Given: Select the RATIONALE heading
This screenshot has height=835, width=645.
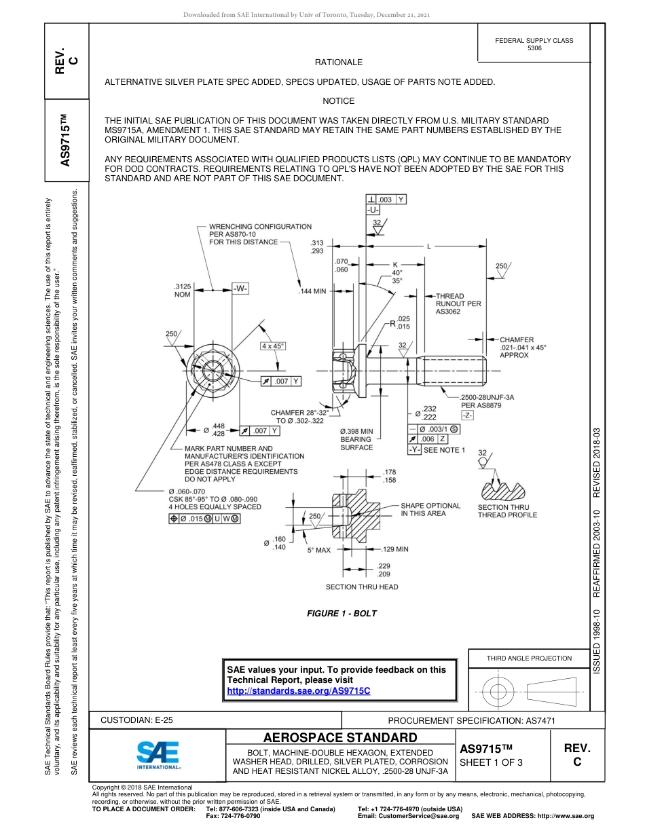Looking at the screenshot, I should (339, 62).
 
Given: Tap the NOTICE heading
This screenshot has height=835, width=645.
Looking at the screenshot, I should (339, 101).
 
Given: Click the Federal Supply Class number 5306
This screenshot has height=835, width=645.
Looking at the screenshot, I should (534, 48).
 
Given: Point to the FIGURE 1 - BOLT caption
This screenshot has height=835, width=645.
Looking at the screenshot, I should (342, 614).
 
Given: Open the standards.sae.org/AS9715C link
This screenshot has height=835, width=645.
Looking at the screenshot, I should (298, 690).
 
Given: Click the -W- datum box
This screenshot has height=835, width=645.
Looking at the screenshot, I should (240, 289).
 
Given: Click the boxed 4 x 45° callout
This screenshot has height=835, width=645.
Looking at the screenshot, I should (274, 346).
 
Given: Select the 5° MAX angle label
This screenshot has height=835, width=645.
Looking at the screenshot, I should (318, 550).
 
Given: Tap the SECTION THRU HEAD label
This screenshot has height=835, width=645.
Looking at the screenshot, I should (362, 587).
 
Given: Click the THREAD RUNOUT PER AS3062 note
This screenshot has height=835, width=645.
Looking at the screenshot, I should (458, 303).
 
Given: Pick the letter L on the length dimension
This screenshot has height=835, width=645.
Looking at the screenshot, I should (428, 246).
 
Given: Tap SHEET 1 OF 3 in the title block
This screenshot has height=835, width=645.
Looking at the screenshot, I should (490, 763).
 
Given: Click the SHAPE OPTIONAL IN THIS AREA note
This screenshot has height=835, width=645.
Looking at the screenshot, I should (430, 510).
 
